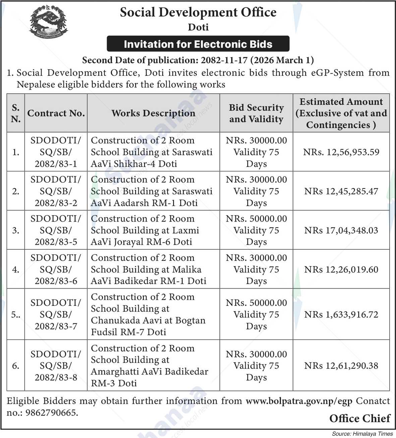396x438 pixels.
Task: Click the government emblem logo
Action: coord(48,22)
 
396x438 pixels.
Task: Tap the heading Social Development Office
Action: coord(198,12)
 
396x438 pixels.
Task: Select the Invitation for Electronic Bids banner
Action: coord(198,44)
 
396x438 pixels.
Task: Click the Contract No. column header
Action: coord(56,113)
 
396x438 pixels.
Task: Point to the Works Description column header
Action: coord(153,113)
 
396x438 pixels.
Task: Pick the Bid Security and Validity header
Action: coord(256,113)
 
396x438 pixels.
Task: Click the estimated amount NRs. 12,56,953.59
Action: coord(341,152)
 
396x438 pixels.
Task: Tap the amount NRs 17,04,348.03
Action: coord(341,230)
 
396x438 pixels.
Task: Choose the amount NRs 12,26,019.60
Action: coord(341,270)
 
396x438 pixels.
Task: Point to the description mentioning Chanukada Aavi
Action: coord(148,314)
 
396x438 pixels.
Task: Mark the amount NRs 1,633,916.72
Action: coord(341,314)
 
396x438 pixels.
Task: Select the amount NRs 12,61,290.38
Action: coord(341,366)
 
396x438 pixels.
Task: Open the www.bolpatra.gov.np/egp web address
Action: coord(299,401)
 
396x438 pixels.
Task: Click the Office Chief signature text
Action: coord(360,419)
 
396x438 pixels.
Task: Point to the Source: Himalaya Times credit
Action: coord(362,434)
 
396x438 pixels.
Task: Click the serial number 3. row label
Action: coord(15,230)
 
